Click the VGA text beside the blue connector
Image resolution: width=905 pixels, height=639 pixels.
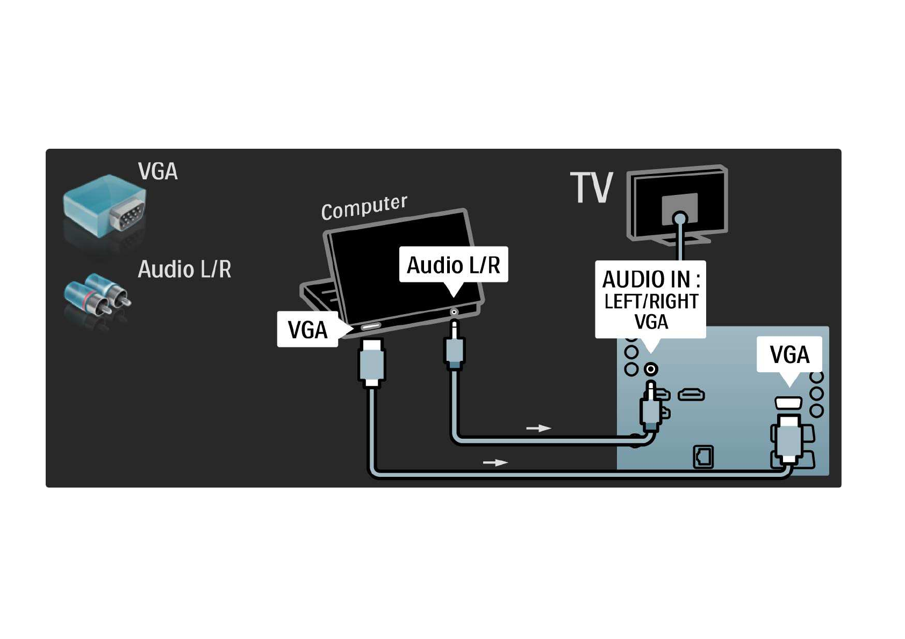pos(157,172)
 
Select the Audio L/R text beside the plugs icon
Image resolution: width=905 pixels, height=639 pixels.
pos(184,270)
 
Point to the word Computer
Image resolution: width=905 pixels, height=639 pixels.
pos(364,207)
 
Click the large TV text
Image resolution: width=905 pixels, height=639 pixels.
pos(591,188)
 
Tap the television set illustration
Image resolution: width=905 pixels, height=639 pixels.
pos(678,204)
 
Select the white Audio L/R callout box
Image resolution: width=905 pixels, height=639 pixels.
pos(453,265)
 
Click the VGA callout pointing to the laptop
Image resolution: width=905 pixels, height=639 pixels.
pos(307,330)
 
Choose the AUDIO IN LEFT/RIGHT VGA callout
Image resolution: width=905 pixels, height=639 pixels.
pos(650,300)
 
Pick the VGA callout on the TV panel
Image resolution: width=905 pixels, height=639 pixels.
pos(789,354)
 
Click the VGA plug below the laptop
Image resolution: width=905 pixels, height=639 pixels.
pos(371,362)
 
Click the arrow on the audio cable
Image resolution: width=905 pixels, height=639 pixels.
pos(538,428)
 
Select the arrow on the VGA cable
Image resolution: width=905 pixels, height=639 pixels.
pos(495,462)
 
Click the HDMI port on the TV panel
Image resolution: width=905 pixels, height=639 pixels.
pos(691,395)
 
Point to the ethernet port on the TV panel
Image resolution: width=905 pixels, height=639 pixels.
pos(703,457)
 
